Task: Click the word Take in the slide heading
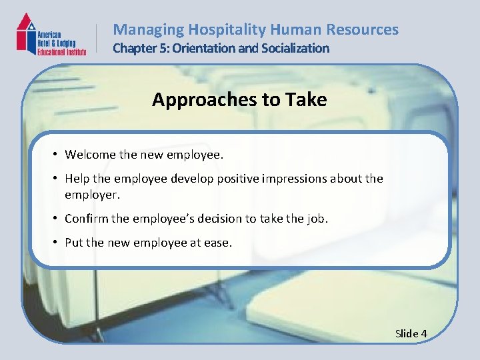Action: [305, 100]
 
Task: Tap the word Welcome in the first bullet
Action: [90, 155]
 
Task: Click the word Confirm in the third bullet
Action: [86, 219]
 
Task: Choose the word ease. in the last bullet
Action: [218, 243]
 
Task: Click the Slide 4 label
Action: [411, 333]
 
